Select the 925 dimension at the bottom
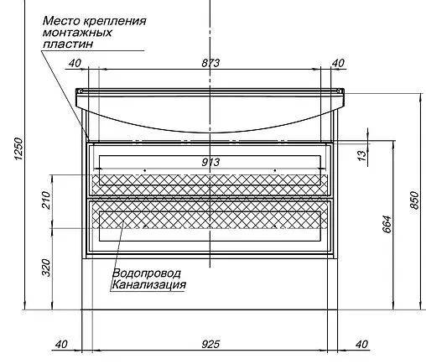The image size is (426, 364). [x=211, y=344]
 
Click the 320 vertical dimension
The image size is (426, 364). [x=47, y=268]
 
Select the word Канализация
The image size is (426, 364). [x=148, y=285]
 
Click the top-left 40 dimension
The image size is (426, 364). [x=74, y=64]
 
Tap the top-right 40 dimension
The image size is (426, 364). [x=339, y=64]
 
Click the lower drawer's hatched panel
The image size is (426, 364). [x=210, y=221]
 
